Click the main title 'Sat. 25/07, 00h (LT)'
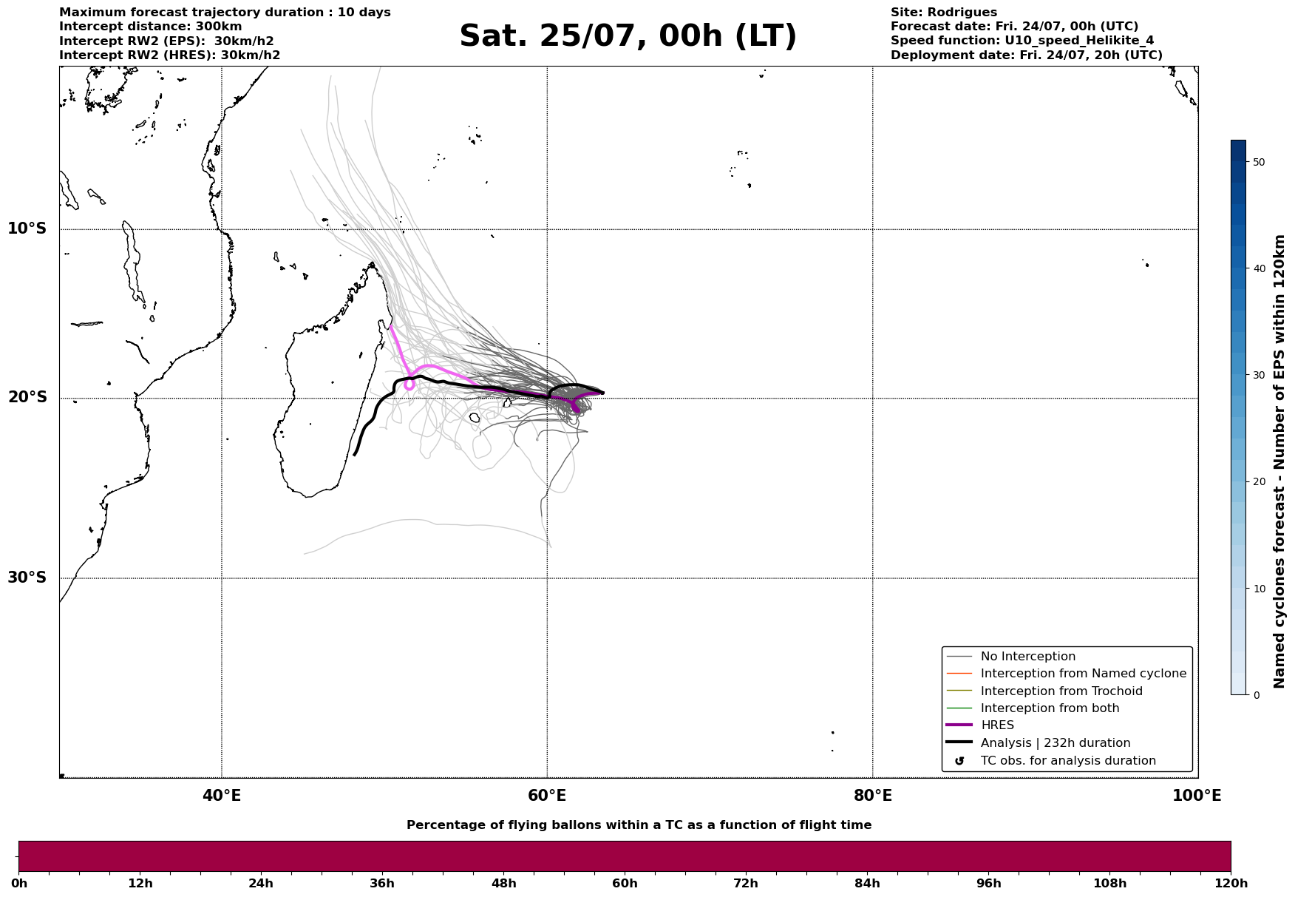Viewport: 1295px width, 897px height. pos(628,36)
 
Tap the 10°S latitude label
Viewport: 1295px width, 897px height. pos(27,229)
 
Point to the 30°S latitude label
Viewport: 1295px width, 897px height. pos(27,578)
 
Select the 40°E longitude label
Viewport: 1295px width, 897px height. pos(222,796)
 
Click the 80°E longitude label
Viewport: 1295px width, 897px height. pos(873,796)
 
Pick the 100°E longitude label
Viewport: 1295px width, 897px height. pos(1197,796)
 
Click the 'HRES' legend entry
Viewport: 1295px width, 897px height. pos(997,725)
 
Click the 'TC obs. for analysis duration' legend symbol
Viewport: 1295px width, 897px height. pos(959,761)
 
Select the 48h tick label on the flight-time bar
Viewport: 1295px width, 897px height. pos(504,884)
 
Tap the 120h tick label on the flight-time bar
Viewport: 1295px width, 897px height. pos(1230,884)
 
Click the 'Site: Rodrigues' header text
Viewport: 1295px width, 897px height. pos(944,13)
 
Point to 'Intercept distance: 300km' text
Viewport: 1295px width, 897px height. pos(151,27)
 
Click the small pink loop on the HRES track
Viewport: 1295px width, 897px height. pos(409,385)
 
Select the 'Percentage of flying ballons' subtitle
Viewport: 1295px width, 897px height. pos(639,825)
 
